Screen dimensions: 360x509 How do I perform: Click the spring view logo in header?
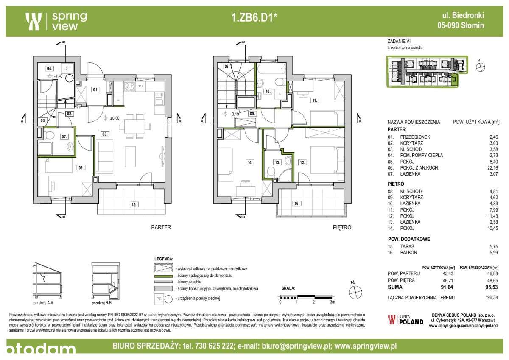(56, 21)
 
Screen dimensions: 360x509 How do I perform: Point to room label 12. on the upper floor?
(302, 162)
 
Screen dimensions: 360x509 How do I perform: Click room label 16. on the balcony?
(297, 204)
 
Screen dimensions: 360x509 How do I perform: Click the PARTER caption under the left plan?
(161, 227)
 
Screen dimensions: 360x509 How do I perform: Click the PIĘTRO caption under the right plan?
(342, 227)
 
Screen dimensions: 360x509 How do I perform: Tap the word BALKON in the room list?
(408, 253)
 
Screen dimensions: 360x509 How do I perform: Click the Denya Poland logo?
(406, 320)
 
